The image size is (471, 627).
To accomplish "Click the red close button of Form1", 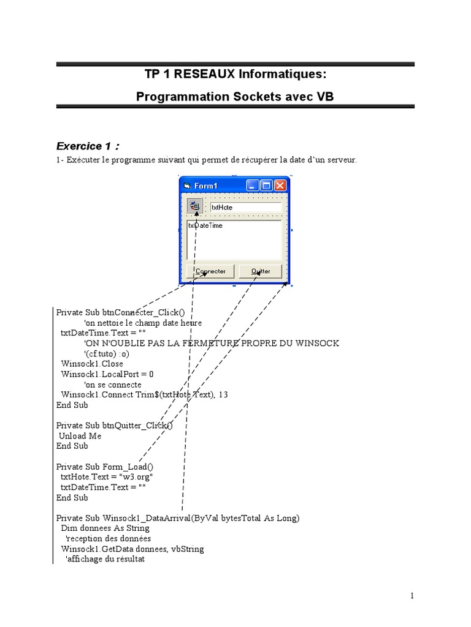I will coord(280,186).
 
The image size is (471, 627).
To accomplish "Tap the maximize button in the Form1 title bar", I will coord(266,186).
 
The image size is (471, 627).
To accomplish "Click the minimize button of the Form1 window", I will coord(253,186).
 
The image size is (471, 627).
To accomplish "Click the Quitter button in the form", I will coord(260,271).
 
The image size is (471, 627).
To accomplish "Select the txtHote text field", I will coord(245,207).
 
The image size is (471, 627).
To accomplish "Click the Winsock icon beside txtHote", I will coord(194,206).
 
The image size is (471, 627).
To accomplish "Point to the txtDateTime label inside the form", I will coord(205,226).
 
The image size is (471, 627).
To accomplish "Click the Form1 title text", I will coord(206,186).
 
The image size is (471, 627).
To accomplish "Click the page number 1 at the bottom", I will coord(413,596).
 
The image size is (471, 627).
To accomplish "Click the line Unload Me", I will coord(80,436).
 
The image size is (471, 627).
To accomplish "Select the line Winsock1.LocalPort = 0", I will coord(107,374).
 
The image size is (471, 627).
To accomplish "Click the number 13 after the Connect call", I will coord(223,395).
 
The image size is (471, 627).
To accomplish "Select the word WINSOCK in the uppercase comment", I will coord(318,343).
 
